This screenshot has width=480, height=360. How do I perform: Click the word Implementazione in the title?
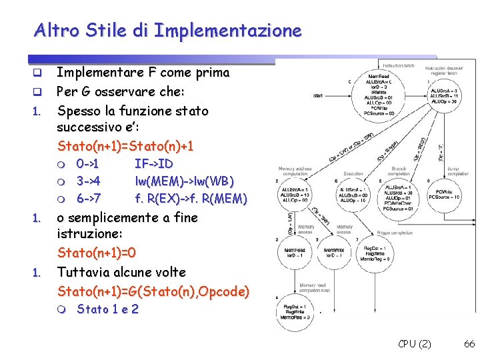(x=228, y=31)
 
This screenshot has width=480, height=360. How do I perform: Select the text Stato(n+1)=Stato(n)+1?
(x=125, y=146)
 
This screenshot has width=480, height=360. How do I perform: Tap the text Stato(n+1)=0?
(x=97, y=253)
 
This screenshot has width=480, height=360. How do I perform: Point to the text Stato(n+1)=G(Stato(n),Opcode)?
(x=153, y=291)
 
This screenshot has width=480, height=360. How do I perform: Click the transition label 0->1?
(x=88, y=164)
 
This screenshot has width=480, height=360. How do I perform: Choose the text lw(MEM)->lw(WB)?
(x=185, y=181)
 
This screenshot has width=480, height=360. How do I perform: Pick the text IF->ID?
(x=154, y=164)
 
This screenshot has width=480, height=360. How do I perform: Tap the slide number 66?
(x=469, y=344)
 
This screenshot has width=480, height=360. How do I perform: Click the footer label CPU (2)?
(x=415, y=344)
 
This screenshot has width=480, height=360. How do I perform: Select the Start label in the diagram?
(x=318, y=95)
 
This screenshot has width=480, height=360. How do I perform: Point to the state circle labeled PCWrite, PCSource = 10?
(x=444, y=193)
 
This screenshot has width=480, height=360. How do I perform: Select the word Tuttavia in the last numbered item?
(x=83, y=272)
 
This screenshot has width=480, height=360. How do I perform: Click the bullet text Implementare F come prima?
(x=143, y=72)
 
